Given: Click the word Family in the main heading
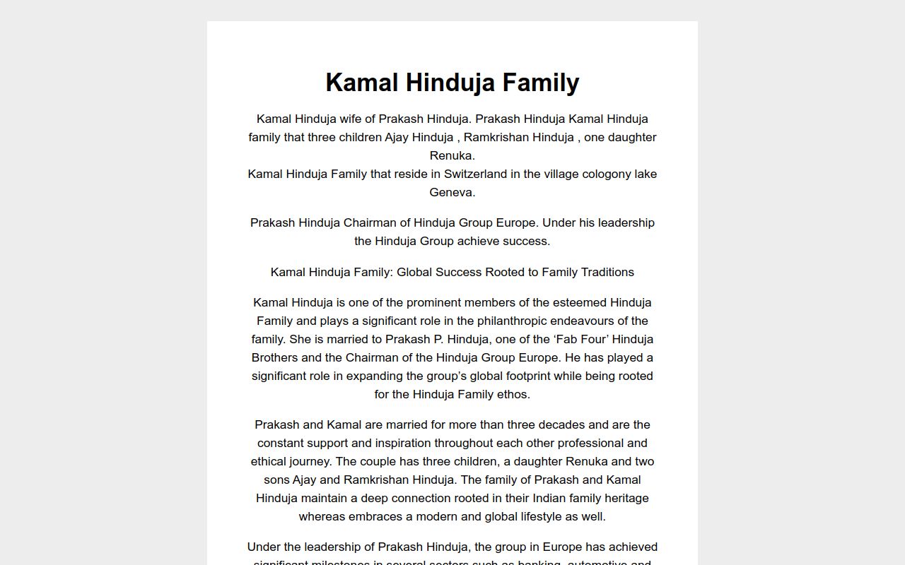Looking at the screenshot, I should coord(541,83).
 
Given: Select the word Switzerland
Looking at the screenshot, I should coord(476,174).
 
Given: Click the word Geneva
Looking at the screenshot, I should coord(452,192).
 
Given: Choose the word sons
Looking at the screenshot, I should coord(271,480).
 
